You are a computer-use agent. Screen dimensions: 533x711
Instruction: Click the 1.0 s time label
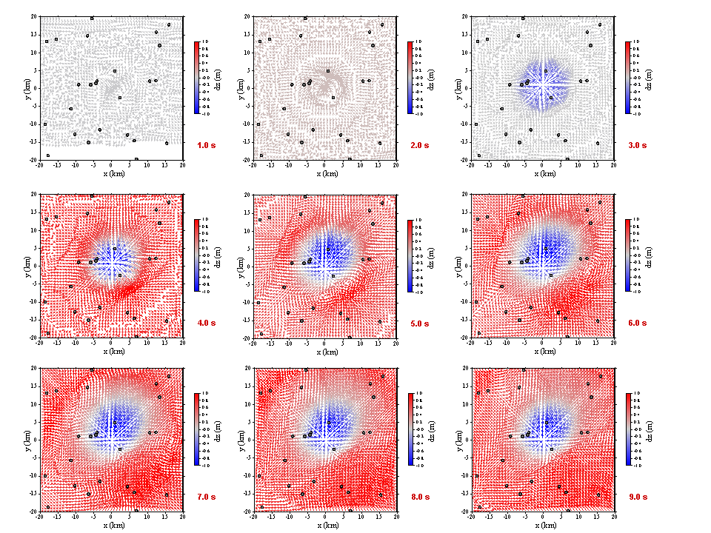207,145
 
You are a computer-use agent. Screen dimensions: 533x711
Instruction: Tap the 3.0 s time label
637,145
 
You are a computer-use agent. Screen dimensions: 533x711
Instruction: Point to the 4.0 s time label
207,323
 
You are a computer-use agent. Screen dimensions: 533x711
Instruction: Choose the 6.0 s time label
637,323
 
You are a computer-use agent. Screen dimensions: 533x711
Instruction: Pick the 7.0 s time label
207,497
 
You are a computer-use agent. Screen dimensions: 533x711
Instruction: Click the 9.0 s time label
637,497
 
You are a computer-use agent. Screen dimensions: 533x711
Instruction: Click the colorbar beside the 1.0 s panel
196,77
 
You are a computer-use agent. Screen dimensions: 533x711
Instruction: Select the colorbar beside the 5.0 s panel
410,255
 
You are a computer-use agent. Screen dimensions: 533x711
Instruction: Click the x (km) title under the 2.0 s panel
328,174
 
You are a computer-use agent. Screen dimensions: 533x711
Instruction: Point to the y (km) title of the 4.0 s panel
26,264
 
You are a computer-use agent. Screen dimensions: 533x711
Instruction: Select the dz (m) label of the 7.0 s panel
219,429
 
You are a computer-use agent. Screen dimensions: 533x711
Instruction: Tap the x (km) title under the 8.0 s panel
328,526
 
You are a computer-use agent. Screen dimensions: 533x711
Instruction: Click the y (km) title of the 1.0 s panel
26,87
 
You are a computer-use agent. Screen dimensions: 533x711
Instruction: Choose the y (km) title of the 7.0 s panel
26,438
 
